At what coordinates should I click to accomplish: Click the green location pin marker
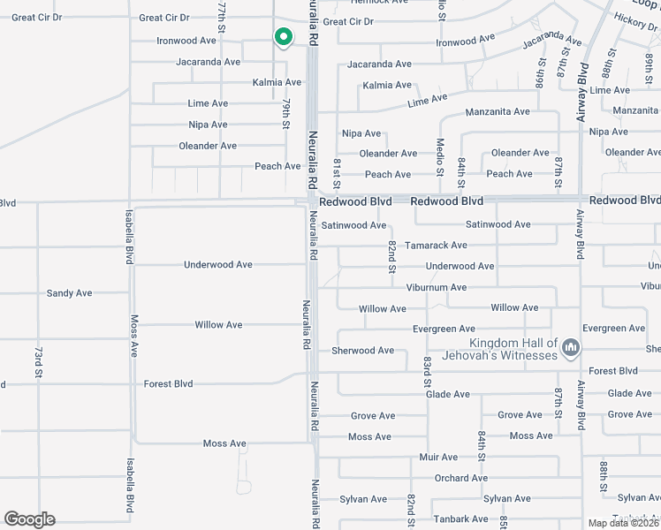[x=283, y=38]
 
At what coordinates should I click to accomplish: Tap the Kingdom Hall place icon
[x=570, y=349]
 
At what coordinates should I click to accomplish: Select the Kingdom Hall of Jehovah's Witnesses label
[x=513, y=349]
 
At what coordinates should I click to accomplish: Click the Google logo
[x=29, y=519]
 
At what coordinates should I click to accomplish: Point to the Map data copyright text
[x=624, y=523]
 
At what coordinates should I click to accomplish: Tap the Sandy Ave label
[x=69, y=293]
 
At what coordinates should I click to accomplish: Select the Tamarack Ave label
[x=436, y=246]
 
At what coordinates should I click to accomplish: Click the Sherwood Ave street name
[x=362, y=351]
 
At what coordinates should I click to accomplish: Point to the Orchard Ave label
[x=460, y=479]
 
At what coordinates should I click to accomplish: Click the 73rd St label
[x=39, y=363]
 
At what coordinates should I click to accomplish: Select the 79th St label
[x=286, y=114]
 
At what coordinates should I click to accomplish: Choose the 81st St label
[x=338, y=170]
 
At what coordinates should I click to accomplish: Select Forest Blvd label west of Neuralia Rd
[x=168, y=384]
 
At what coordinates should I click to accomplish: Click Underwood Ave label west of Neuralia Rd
[x=218, y=265]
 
